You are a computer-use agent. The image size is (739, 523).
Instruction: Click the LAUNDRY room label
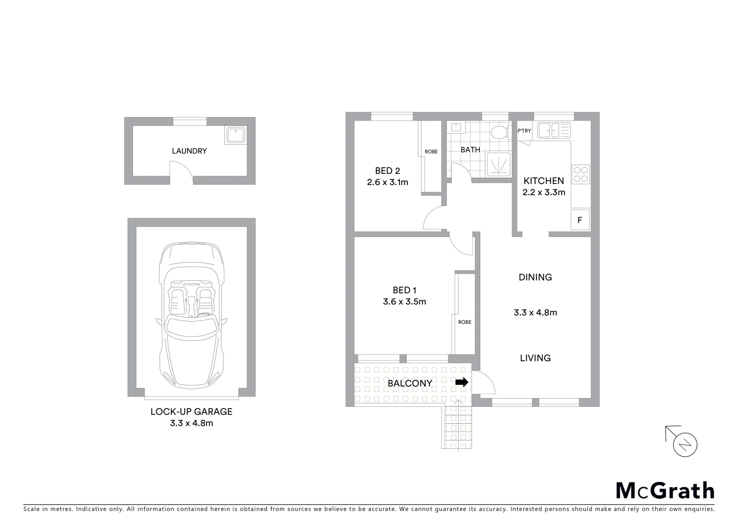point(189,151)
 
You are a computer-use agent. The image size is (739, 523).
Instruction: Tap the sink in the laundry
point(236,135)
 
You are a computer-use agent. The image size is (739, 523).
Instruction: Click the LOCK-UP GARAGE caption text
point(192,412)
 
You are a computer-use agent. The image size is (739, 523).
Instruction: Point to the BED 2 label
point(387,171)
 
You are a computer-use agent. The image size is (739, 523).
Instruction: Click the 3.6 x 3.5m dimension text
point(404,302)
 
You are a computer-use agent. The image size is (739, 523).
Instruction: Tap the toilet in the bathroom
point(499,132)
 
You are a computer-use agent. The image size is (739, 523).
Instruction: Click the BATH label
point(470,150)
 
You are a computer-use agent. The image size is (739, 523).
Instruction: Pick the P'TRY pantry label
point(524,131)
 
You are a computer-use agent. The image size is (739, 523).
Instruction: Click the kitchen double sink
point(554,130)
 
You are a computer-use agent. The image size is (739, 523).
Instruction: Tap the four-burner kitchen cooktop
point(580,174)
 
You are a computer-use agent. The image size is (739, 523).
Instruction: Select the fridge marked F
point(580,220)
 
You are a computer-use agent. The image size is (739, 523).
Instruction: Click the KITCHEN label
point(544,181)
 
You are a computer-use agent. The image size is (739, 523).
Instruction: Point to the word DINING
point(535,277)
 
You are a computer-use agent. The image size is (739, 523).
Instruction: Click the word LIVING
point(535,358)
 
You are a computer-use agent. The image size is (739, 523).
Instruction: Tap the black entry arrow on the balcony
point(462,382)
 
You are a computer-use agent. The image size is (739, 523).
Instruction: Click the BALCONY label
point(410,384)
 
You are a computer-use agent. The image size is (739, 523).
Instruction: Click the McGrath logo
point(665,491)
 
